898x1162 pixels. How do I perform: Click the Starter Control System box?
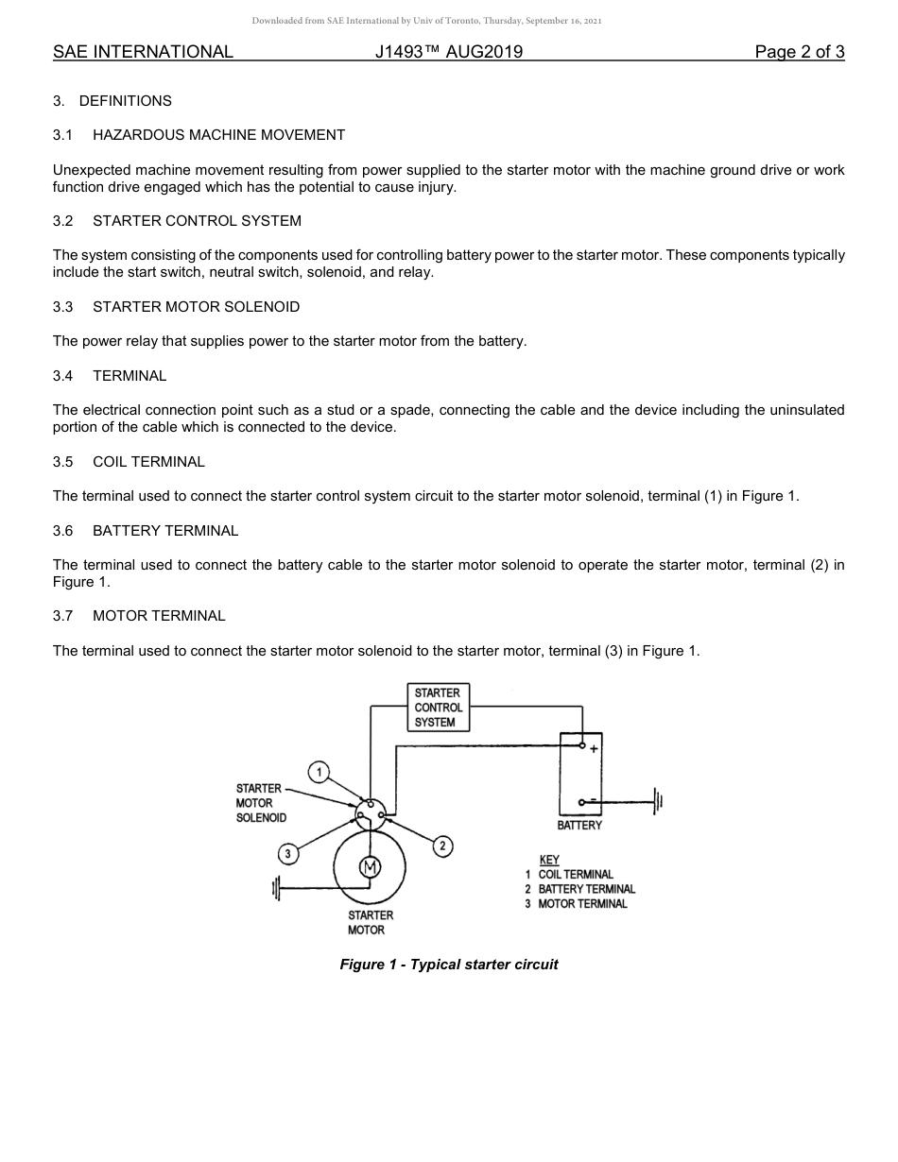pyautogui.click(x=438, y=708)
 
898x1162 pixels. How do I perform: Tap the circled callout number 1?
pyautogui.click(x=319, y=772)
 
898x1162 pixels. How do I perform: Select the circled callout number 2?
pyautogui.click(x=442, y=846)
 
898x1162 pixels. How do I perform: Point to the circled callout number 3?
pyautogui.click(x=287, y=854)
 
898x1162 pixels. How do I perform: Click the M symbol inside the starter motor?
pyautogui.click(x=370, y=868)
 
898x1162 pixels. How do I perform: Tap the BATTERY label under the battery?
pyautogui.click(x=579, y=826)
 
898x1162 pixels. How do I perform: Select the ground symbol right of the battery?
pyautogui.click(x=658, y=802)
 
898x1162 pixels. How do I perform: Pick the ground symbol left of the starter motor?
pyautogui.click(x=277, y=889)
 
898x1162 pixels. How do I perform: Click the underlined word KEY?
pyautogui.click(x=548, y=860)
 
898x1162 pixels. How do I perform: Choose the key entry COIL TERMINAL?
pyautogui.click(x=575, y=875)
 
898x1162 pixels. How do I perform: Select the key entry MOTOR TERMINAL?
pyautogui.click(x=582, y=904)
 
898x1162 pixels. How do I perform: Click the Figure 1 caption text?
pyautogui.click(x=449, y=965)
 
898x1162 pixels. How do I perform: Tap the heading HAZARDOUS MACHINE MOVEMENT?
pyautogui.click(x=218, y=135)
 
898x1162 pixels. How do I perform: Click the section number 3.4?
pyautogui.click(x=62, y=376)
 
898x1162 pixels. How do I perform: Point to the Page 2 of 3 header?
pyautogui.click(x=799, y=52)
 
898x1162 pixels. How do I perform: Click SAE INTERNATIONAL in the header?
pyautogui.click(x=143, y=52)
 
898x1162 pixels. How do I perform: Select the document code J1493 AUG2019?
pyautogui.click(x=448, y=52)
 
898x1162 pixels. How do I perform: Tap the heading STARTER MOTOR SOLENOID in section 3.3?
pyautogui.click(x=196, y=307)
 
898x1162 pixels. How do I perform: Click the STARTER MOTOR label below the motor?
pyautogui.click(x=370, y=923)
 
